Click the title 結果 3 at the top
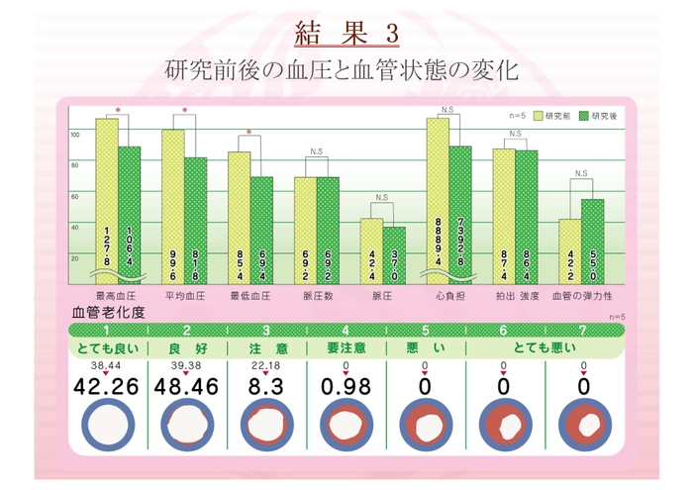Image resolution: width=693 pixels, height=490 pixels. [x=346, y=33]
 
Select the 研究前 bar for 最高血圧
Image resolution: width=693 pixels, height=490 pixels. [x=107, y=198]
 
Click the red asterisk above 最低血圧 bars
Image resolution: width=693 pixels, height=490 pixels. [x=249, y=132]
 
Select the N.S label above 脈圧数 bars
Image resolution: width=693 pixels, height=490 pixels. [x=316, y=151]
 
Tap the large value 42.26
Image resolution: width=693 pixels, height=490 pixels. [x=105, y=386]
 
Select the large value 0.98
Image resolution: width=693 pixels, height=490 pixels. [x=343, y=386]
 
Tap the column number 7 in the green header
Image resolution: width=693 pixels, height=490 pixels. [x=583, y=330]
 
